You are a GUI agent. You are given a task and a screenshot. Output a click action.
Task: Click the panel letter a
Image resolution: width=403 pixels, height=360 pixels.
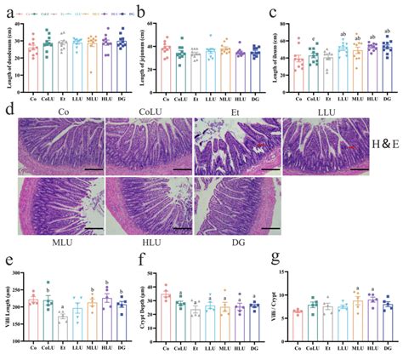[8, 11]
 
